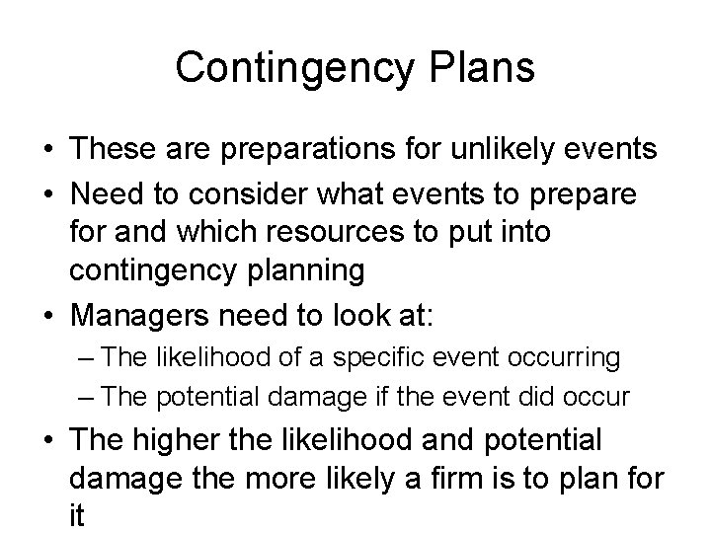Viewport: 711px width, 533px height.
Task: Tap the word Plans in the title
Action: (486, 68)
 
